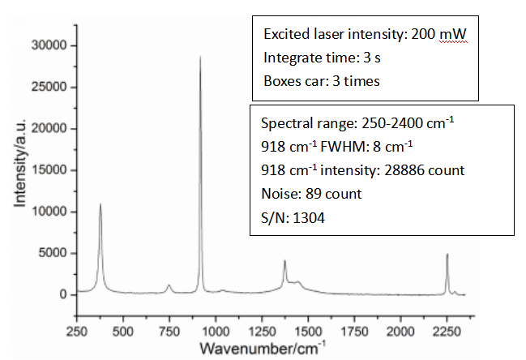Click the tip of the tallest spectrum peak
(x=200, y=57)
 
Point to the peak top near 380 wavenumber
(x=100, y=204)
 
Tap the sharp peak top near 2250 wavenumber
(x=447, y=255)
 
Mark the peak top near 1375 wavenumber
(x=284, y=261)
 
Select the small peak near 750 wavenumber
(x=169, y=285)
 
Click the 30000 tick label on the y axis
(x=50, y=46)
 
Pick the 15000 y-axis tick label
(x=50, y=170)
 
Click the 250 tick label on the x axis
(x=76, y=332)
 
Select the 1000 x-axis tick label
(x=215, y=332)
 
